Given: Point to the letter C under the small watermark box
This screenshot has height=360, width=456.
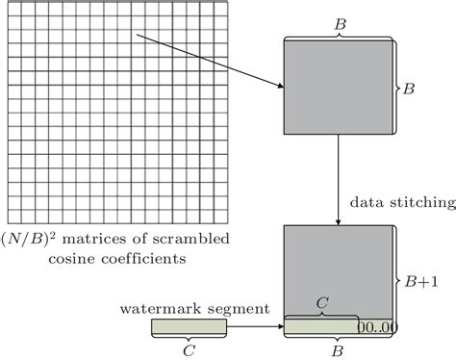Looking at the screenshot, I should pyautogui.click(x=189, y=351).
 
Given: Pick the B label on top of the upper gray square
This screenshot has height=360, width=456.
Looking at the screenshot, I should pyautogui.click(x=339, y=21).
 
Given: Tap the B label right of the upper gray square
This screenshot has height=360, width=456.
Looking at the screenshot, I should pyautogui.click(x=409, y=88).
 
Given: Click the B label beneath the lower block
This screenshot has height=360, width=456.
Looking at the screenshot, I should pyautogui.click(x=339, y=351).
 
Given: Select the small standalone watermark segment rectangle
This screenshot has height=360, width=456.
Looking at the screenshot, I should pyautogui.click(x=189, y=328).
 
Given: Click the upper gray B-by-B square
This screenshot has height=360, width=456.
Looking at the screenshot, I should pyautogui.click(x=339, y=88).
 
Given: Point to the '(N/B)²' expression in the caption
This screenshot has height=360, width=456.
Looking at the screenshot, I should pyautogui.click(x=28, y=238).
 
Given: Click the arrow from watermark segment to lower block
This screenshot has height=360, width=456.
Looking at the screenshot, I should pyautogui.click(x=255, y=328).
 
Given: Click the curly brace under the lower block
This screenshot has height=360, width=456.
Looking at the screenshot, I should pyautogui.click(x=339, y=340).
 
